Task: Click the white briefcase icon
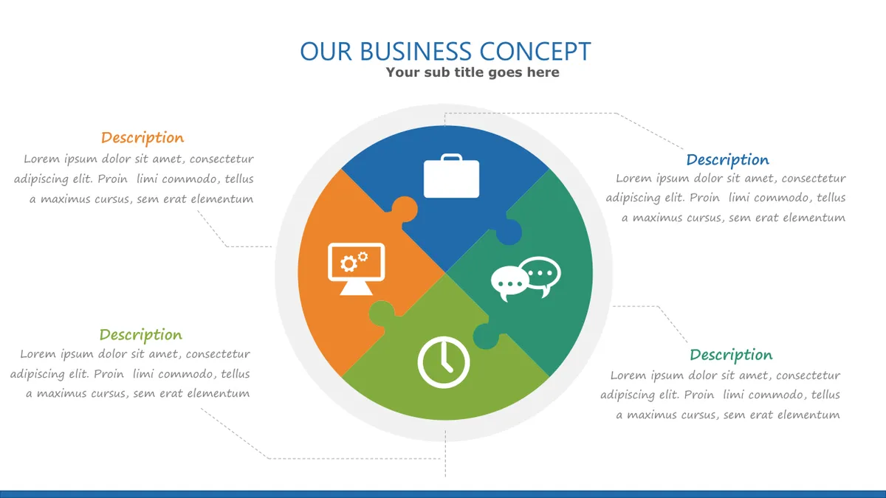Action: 451,176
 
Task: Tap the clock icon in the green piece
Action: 444,362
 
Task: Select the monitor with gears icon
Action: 356,269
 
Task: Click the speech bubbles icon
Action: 526,279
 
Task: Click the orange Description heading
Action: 142,138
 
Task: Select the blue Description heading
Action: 728,160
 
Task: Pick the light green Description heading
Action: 141,335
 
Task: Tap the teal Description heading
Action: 731,355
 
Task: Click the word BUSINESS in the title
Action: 415,52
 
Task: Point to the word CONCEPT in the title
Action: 535,52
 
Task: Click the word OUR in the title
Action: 326,52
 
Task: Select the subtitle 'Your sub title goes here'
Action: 473,72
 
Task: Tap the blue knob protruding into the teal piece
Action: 508,232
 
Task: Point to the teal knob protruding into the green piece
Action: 487,336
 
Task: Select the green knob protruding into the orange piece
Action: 382,314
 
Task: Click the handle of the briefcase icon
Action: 451,157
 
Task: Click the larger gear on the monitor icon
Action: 348,263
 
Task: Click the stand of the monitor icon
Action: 356,288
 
